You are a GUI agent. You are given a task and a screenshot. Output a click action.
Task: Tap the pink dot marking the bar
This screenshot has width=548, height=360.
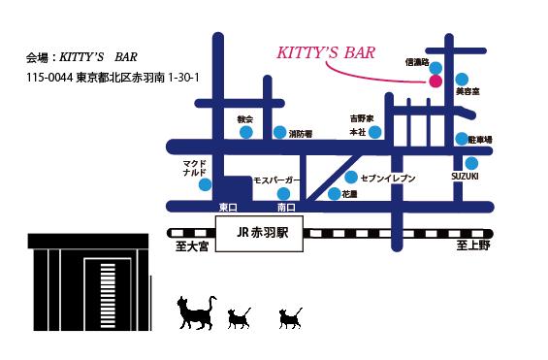pos(434,81)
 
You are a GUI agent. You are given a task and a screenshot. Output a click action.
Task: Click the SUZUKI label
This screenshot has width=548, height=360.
pos(465,175)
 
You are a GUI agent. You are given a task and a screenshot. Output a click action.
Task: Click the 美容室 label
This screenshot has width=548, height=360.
pos(469,91)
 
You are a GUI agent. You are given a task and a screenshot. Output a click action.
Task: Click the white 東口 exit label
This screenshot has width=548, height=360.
pos(229,208)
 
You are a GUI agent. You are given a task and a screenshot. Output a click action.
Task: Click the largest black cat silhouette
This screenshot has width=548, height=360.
pos(196,312)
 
